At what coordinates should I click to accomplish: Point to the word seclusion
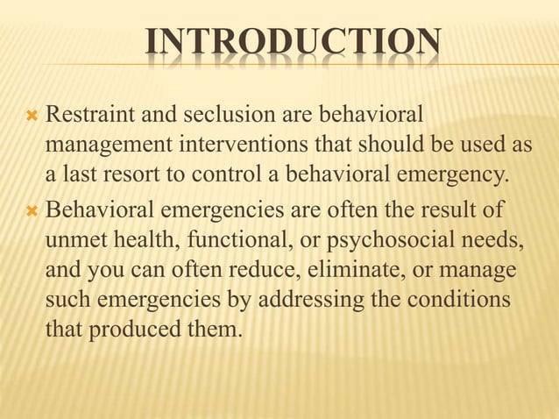click(207, 115)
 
